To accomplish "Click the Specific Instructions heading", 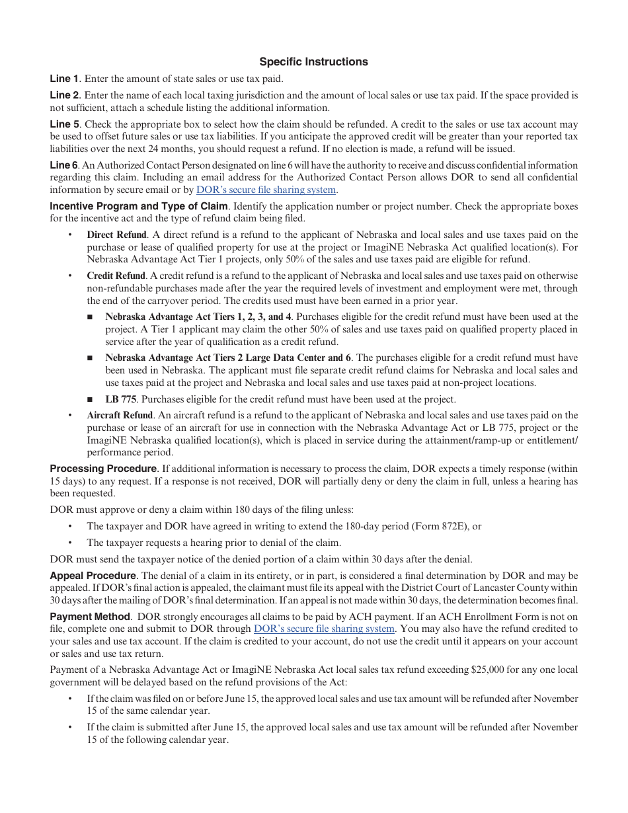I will click(313, 61).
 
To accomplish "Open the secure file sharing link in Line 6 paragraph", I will click(266, 190).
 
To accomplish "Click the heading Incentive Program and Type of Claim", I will click(139, 206).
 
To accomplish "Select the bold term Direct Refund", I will click(116, 235).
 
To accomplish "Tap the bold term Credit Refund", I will click(116, 276).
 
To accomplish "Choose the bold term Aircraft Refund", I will click(120, 416).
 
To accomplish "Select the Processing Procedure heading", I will click(103, 469).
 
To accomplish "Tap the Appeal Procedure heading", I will click(93, 576).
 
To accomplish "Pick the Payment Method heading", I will click(90, 616).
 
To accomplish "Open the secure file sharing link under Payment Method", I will click(324, 629).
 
